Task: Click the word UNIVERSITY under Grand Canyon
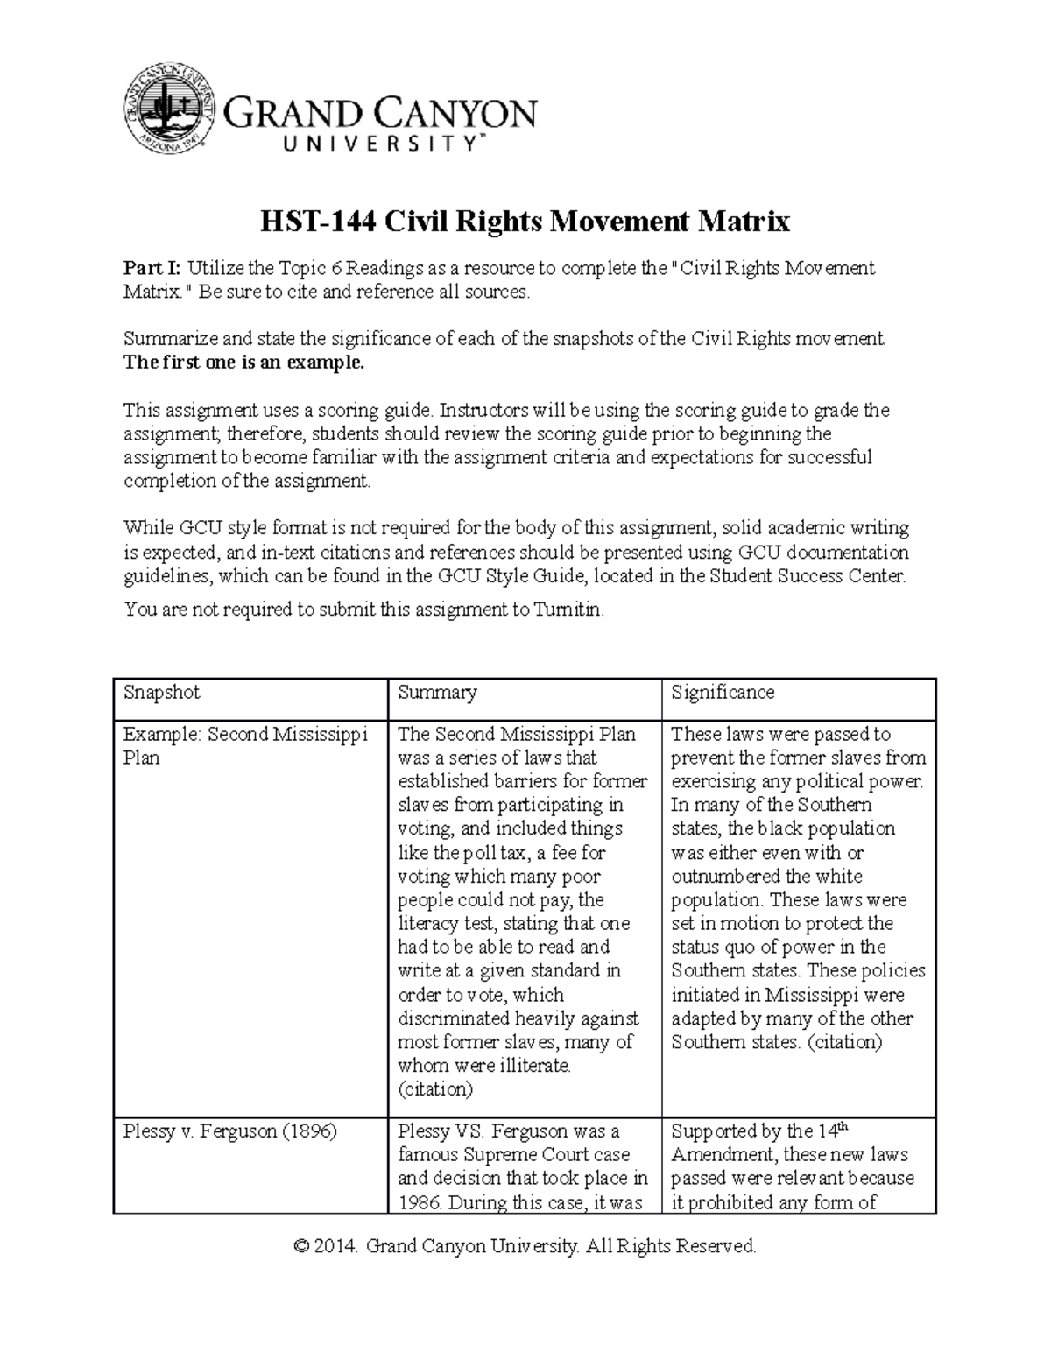click(355, 144)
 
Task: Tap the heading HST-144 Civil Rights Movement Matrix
click(525, 222)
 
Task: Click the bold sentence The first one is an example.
click(243, 363)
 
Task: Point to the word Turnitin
click(568, 610)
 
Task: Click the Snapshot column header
click(162, 693)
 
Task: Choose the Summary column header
click(437, 693)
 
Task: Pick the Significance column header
click(723, 693)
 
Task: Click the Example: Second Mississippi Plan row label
click(245, 745)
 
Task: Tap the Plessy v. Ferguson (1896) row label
click(230, 1131)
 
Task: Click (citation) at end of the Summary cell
click(435, 1089)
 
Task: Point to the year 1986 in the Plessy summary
click(420, 1202)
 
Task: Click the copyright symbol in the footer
click(302, 1246)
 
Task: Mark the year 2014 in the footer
click(338, 1246)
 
